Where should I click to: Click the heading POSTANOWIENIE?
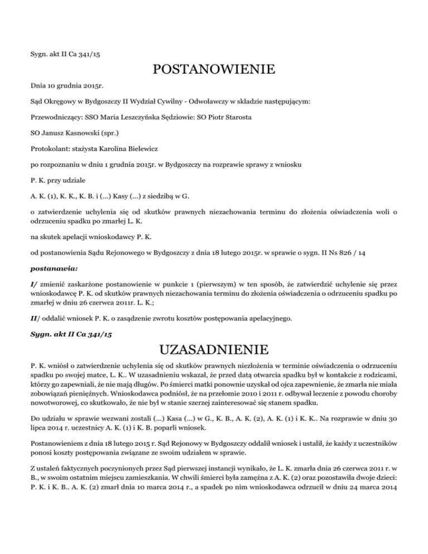point(213,70)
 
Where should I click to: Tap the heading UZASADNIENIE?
point(213,351)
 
